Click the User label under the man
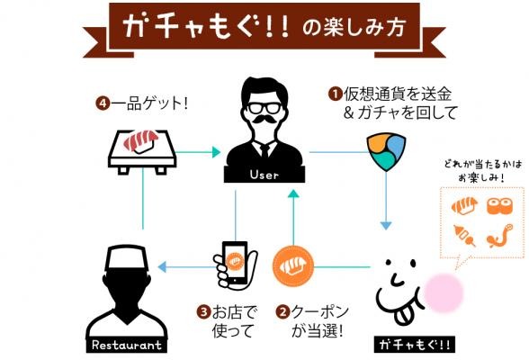[x=264, y=175]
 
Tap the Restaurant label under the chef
[x=127, y=345]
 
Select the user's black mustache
[x=264, y=119]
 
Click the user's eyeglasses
[x=264, y=108]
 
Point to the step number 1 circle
[x=336, y=94]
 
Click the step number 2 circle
[x=282, y=311]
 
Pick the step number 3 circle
[x=203, y=311]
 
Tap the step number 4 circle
[x=103, y=103]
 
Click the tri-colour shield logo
[x=386, y=152]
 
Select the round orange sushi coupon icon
[x=293, y=266]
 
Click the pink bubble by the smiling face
[x=444, y=292]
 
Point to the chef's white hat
[x=127, y=257]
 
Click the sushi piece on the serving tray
[x=140, y=141]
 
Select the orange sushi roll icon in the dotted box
[x=499, y=206]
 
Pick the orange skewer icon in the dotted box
[x=465, y=235]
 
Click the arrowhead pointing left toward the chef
[x=162, y=267]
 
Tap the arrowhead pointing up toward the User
[x=294, y=194]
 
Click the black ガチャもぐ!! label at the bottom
[x=414, y=345]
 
